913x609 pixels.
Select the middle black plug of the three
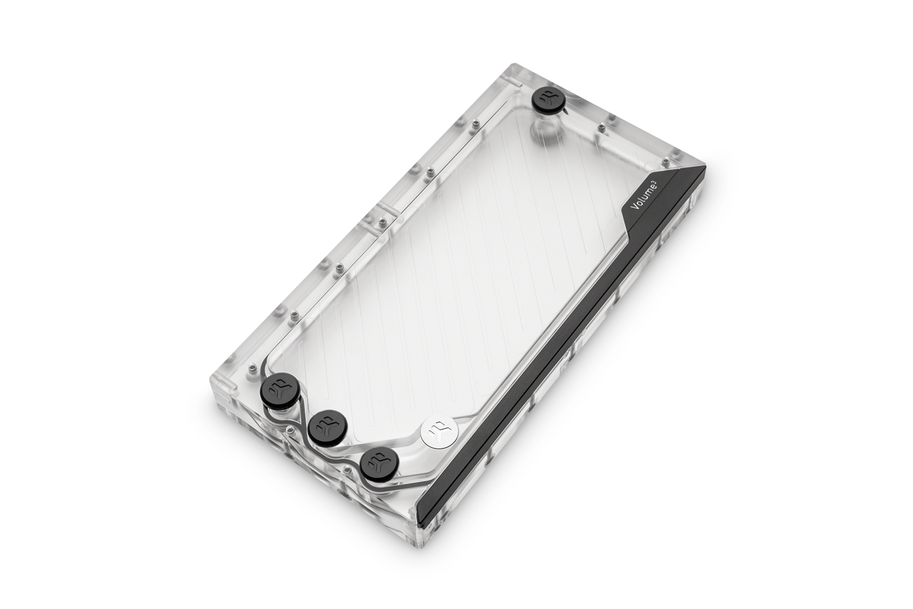point(324,424)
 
